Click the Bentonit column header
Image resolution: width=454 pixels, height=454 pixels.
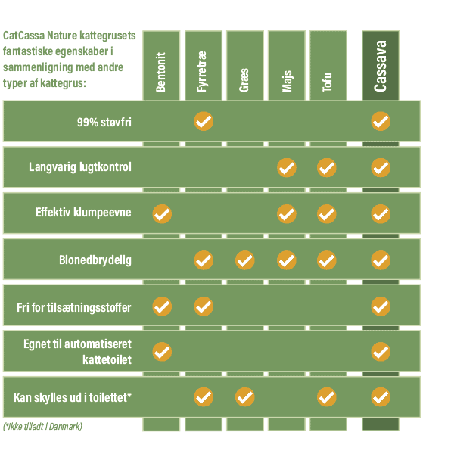[161, 67]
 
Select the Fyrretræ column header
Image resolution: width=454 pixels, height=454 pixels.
[203, 67]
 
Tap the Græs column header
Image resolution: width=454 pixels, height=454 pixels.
[244, 67]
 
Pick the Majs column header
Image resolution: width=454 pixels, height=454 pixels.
[287, 67]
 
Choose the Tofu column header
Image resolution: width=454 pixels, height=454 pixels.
[328, 67]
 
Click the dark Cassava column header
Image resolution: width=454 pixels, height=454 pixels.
[381, 67]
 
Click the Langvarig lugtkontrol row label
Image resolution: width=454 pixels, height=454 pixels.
[80, 167]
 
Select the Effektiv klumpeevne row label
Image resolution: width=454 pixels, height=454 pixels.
[83, 213]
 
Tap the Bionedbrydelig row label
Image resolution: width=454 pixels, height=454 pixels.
[95, 260]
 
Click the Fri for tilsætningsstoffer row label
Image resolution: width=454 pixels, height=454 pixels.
[74, 307]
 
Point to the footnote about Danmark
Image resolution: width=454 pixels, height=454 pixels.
[42, 427]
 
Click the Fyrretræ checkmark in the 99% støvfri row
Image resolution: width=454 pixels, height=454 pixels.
[204, 121]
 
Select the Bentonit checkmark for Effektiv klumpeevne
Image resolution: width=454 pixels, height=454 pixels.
[162, 214]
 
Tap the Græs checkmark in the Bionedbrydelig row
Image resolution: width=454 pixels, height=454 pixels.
[245, 260]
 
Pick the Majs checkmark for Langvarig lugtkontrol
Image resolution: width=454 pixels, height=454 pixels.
[287, 167]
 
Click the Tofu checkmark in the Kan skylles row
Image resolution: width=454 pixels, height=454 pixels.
[327, 396]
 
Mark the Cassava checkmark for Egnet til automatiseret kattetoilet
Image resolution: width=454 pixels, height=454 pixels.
[381, 352]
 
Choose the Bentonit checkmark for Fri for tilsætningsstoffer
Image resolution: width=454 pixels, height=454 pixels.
[162, 306]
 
